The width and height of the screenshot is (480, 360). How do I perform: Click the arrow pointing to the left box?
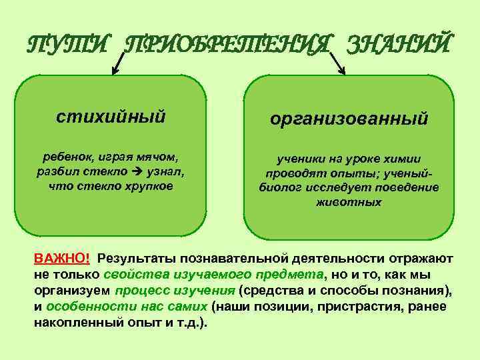click(118, 64)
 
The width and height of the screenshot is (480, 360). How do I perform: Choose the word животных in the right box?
click(349, 201)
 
